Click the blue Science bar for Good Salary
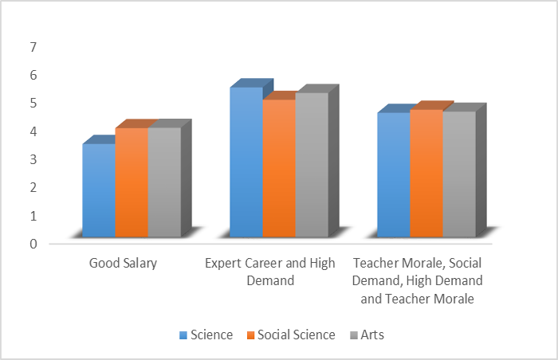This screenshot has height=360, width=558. click(99, 190)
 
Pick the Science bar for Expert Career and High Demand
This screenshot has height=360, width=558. click(246, 162)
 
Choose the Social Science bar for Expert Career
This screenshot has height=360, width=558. click(279, 168)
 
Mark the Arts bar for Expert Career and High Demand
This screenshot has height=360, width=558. click(312, 165)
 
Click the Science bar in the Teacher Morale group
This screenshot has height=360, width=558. click(394, 175)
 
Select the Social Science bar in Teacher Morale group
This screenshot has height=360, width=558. click(426, 174)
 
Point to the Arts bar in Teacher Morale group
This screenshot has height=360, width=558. click(459, 174)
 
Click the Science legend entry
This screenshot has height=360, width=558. click(206, 335)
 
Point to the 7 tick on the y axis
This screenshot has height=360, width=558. click(33, 47)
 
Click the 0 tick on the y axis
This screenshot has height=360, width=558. click(33, 244)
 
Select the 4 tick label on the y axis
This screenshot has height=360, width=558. click(33, 131)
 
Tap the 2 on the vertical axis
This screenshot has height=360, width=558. click(33, 188)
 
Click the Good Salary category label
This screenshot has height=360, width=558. click(123, 264)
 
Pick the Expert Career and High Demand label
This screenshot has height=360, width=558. click(272, 272)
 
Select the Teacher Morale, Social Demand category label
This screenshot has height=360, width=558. click(418, 281)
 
